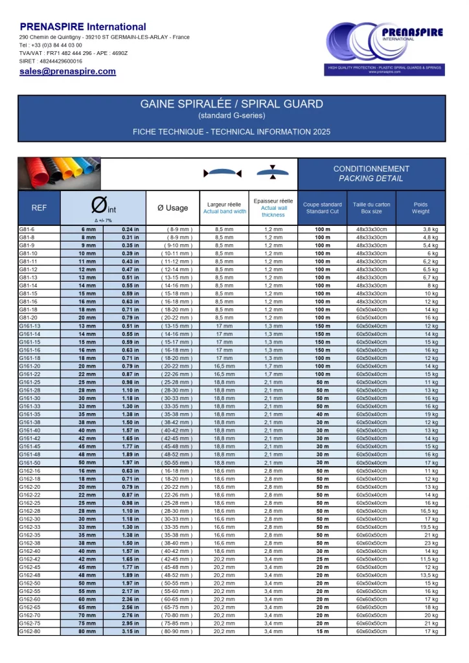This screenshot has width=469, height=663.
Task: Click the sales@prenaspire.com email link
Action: click(67, 72)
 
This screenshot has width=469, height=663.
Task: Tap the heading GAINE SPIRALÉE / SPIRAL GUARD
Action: click(231, 104)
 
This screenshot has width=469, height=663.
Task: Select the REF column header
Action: click(39, 208)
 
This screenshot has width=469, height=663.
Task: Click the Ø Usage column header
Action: click(172, 208)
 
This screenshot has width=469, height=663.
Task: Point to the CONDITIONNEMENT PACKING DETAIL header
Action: click(371, 174)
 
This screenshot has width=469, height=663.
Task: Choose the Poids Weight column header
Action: click(420, 208)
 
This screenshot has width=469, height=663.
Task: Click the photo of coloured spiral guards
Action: click(60, 174)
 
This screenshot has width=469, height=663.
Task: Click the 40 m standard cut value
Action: click(322, 414)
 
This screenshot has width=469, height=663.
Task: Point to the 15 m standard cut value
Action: click(322, 631)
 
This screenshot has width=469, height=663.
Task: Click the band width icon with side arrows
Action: click(222, 173)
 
